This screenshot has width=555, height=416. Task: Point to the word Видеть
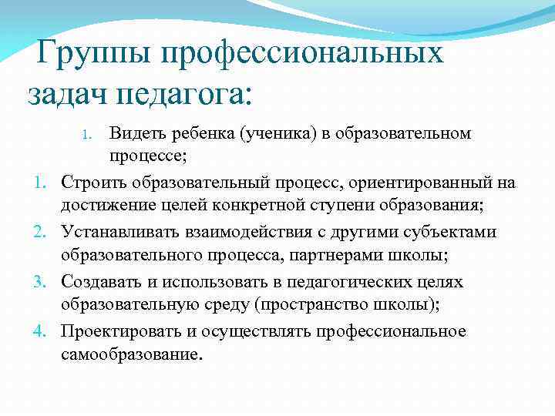pyautogui.click(x=135, y=133)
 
